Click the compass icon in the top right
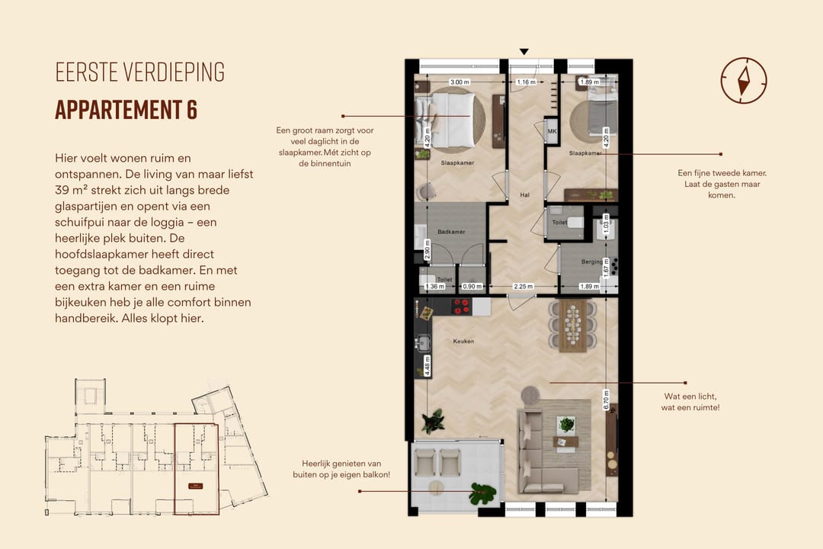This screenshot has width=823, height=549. tap(743, 80)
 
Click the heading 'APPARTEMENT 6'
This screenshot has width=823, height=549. tap(126, 110)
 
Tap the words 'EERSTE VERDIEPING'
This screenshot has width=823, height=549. tap(139, 72)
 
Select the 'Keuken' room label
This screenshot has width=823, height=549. tap(463, 341)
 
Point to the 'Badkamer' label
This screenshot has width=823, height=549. tap(451, 232)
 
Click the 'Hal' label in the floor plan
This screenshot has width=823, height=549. tap(524, 194)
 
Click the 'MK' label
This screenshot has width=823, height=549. tap(552, 132)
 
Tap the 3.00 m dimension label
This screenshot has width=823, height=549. tap(459, 82)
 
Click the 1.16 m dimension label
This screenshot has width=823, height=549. tap(526, 82)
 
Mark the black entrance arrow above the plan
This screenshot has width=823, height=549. tap(524, 52)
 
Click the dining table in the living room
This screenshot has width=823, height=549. tap(575, 325)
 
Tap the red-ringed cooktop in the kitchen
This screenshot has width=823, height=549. tap(460, 307)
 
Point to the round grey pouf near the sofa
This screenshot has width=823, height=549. tap(530, 395)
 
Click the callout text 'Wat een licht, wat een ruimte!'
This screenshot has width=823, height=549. tap(690, 402)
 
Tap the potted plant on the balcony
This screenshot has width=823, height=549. tap(482, 494)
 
